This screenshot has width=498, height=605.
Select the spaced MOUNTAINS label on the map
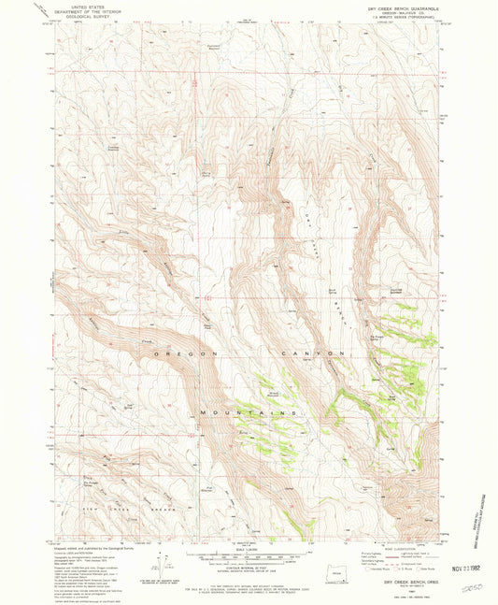pos(248,412)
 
